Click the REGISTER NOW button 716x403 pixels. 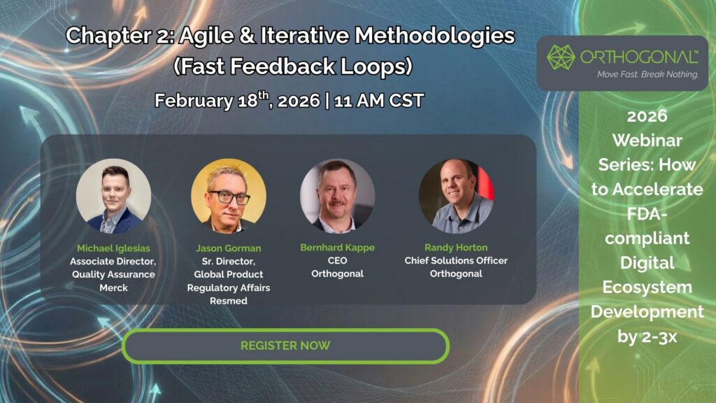point(285,346)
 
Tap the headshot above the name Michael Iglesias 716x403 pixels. point(114,196)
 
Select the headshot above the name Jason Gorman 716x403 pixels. point(229,196)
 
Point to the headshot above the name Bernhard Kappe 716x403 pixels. point(338,196)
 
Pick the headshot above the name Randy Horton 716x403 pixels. point(456,196)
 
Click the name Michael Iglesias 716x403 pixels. point(113,248)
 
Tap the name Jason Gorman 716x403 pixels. point(229,248)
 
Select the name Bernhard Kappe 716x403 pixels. point(338,247)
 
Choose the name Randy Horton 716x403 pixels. point(456,247)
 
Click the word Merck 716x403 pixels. point(114,288)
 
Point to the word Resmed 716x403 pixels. point(229,301)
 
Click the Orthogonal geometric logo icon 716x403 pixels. point(561,57)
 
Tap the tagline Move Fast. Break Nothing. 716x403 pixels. point(648,74)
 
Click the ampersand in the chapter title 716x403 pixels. point(247,36)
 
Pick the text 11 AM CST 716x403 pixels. point(379,101)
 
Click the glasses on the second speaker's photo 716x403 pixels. point(229,197)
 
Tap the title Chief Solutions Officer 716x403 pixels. point(456,260)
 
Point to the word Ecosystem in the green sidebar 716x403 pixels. point(647,288)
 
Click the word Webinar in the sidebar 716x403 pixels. point(647,140)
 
